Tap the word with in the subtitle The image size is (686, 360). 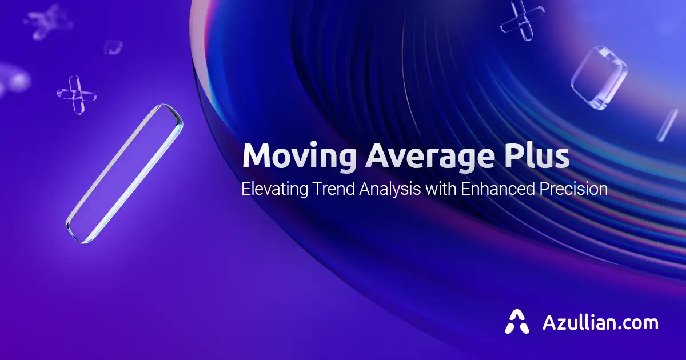(x=440, y=189)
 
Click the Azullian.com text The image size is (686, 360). (x=600, y=322)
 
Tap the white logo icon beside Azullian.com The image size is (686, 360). (x=517, y=322)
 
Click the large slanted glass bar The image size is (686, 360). (x=125, y=174)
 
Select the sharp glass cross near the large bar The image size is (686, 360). (x=77, y=94)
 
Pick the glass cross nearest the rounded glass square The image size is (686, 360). (x=522, y=21)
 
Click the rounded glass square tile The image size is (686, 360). (x=599, y=77)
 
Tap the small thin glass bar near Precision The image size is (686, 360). (x=667, y=125)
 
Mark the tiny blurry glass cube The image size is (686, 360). (x=113, y=47)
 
